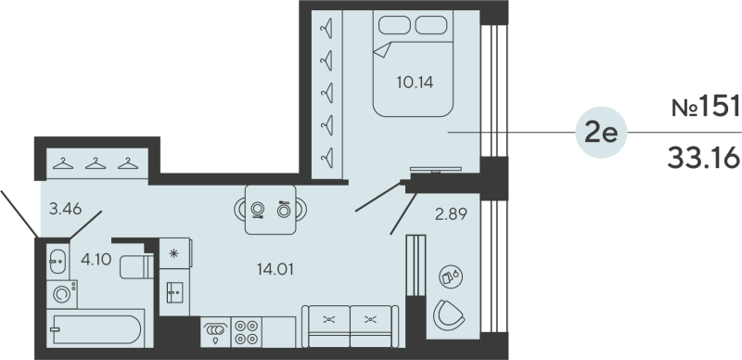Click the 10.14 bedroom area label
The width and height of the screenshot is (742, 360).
(x=415, y=83)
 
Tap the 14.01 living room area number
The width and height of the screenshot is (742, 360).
(x=275, y=269)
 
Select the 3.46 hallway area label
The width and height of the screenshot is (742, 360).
(x=66, y=209)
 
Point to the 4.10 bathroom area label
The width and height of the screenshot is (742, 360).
(x=96, y=259)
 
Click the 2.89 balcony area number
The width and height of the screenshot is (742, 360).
(x=451, y=214)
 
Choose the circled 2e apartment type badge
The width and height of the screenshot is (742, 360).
(x=601, y=133)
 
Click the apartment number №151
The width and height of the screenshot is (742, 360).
(x=705, y=106)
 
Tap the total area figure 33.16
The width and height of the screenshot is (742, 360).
(x=703, y=158)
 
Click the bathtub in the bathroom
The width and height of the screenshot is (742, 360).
(x=96, y=328)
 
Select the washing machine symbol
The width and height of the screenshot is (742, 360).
(x=62, y=294)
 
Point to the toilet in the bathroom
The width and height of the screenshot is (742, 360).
(x=136, y=267)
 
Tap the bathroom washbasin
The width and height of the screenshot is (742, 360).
(x=58, y=261)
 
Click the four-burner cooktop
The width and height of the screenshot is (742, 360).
(x=247, y=332)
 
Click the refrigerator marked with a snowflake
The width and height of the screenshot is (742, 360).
(x=175, y=253)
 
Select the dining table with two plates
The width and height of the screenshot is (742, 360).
(x=271, y=210)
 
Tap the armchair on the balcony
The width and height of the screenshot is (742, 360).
(x=448, y=315)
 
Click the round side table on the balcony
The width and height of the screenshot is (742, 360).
(x=451, y=276)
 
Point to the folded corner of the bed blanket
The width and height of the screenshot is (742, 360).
(x=383, y=50)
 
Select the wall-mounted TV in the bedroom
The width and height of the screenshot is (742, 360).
(x=436, y=170)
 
